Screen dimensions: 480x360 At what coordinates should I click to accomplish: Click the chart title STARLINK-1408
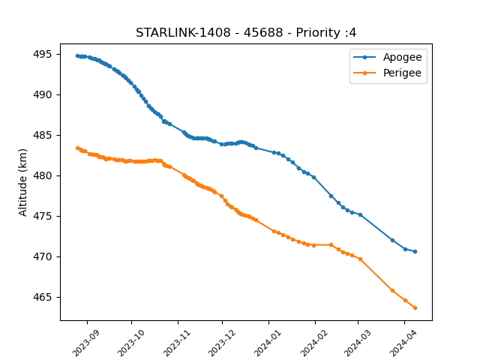[183, 33]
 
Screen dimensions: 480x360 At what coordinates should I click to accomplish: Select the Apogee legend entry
[388, 57]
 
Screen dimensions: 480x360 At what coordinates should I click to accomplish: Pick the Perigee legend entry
[388, 73]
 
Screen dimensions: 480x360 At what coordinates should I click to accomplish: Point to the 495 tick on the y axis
[43, 54]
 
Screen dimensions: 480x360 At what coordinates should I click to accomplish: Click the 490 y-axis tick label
[43, 95]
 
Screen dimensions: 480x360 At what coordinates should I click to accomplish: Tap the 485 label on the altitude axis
[43, 135]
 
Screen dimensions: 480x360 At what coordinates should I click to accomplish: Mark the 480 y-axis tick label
[43, 175]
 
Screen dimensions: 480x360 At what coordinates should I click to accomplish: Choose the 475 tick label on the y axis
[43, 216]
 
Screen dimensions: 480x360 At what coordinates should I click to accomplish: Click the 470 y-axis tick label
[43, 256]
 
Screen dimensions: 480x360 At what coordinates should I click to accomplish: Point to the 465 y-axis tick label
[43, 297]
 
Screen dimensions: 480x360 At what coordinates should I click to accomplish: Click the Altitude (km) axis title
[22, 182]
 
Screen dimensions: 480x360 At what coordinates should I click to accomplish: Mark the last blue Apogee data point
[415, 252]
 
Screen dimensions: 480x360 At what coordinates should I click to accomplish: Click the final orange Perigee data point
[415, 308]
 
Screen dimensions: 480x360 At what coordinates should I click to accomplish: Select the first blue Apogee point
[77, 56]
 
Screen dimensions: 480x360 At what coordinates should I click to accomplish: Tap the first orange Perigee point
[77, 148]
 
